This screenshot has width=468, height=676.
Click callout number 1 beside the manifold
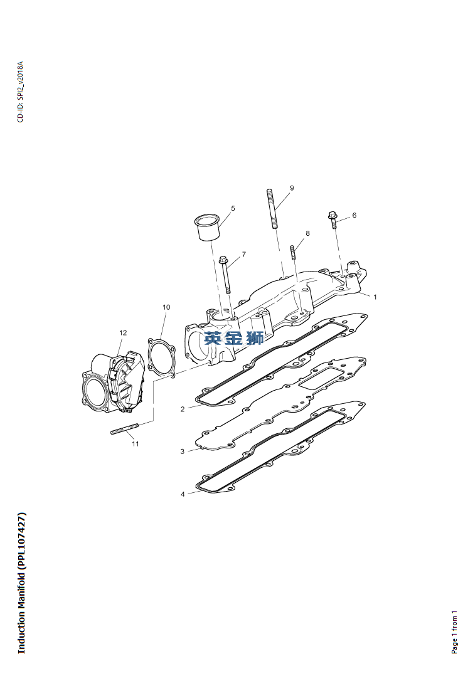click(x=375, y=297)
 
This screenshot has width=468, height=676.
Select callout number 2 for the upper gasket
click(x=183, y=409)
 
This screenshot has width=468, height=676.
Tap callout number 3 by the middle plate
click(x=183, y=452)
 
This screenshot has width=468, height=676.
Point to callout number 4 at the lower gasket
click(x=183, y=494)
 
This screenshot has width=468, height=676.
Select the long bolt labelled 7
click(x=225, y=275)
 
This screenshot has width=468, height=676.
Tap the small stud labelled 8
click(x=294, y=252)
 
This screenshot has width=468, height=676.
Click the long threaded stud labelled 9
click(x=272, y=208)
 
